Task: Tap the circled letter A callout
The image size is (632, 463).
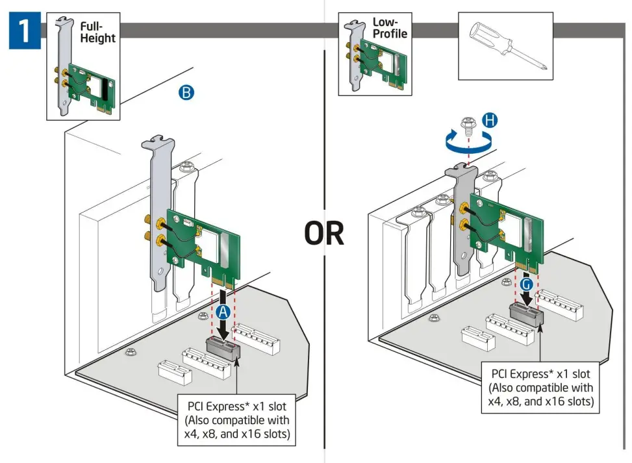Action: coord(223,311)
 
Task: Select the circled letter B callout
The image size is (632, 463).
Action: coord(186,94)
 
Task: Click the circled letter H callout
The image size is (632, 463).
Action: coord(491,119)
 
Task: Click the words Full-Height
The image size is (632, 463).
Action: coord(97,32)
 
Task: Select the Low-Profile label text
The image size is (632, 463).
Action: coord(388,28)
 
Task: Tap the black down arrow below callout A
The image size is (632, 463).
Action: coord(223,328)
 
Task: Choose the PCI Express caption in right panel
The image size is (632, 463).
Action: coord(541,388)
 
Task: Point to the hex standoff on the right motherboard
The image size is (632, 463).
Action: coord(433,317)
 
